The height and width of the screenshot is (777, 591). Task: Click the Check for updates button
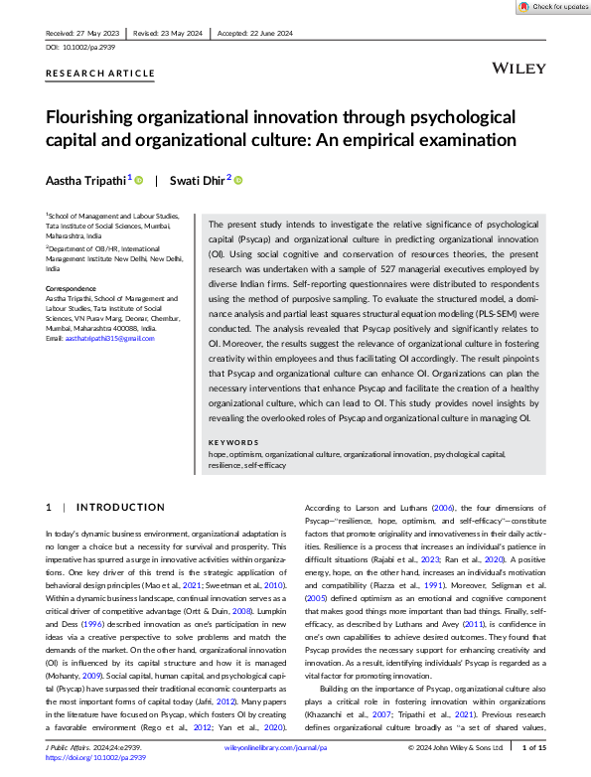click(552, 7)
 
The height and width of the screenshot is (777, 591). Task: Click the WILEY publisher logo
click(517, 68)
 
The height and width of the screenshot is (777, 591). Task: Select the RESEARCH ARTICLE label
click(100, 74)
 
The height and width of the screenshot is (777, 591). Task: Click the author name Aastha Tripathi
click(84, 180)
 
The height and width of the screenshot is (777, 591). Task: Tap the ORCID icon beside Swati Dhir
click(238, 180)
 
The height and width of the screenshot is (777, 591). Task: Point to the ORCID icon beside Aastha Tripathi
click(138, 180)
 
